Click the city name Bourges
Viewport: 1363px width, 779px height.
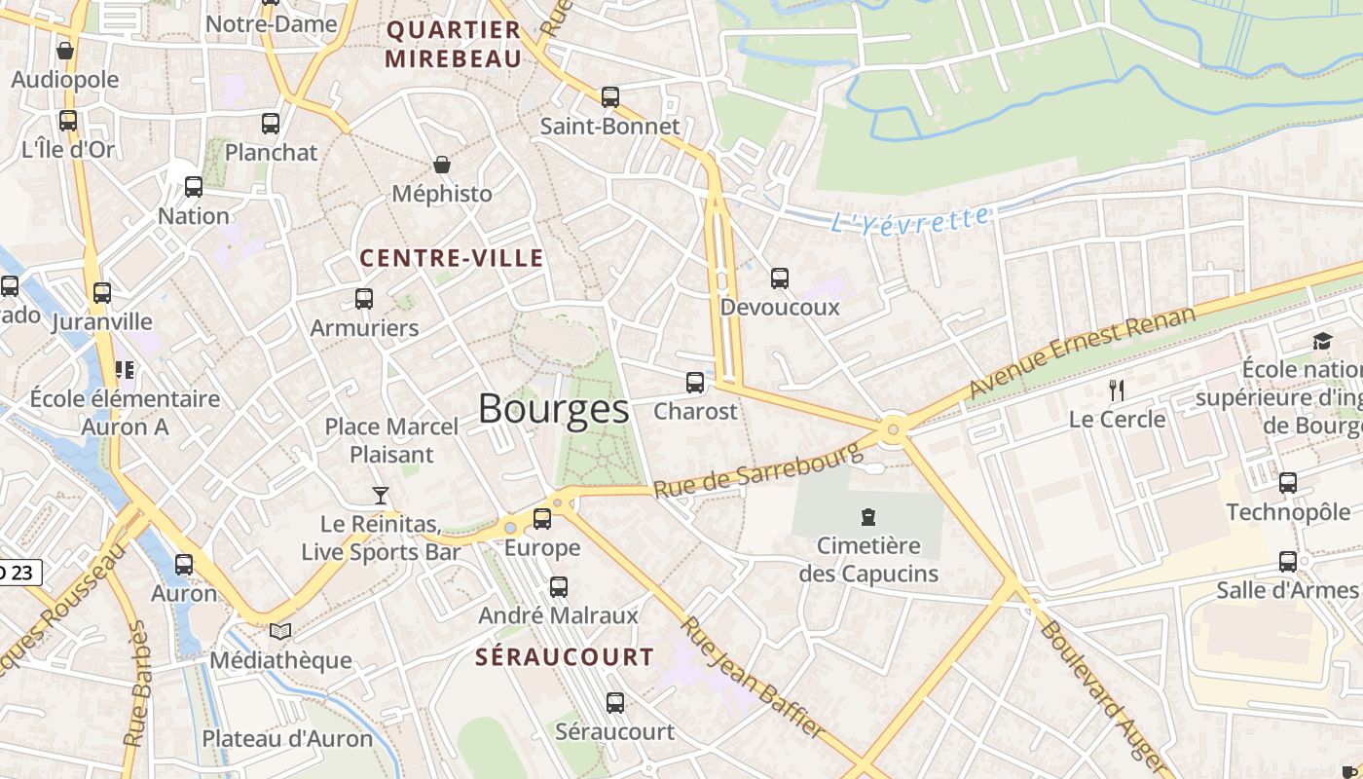pyautogui.click(x=553, y=409)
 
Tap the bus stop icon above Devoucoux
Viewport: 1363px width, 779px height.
pyautogui.click(x=780, y=278)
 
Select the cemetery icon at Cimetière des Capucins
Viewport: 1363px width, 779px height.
pyautogui.click(x=868, y=517)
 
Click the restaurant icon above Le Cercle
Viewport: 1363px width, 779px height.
pyautogui.click(x=1117, y=390)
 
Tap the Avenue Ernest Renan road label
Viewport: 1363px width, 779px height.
pyautogui.click(x=1081, y=352)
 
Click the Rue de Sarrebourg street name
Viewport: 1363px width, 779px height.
pyautogui.click(x=758, y=470)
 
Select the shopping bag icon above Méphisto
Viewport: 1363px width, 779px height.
pyautogui.click(x=442, y=165)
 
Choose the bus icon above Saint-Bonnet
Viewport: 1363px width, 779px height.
pyautogui.click(x=610, y=97)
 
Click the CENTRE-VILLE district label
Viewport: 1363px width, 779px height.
pyautogui.click(x=452, y=258)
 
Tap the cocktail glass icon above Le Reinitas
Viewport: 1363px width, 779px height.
pyautogui.click(x=381, y=496)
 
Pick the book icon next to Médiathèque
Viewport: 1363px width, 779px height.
pyautogui.click(x=280, y=632)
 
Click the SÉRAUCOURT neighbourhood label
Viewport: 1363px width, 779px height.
pyautogui.click(x=565, y=657)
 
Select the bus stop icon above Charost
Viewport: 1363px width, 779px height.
pyautogui.click(x=695, y=383)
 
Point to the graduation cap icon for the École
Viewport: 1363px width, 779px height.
pyautogui.click(x=1322, y=341)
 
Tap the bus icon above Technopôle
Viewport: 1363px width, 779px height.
pyautogui.click(x=1288, y=483)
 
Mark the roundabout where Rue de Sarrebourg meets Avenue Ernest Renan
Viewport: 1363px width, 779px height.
pyautogui.click(x=893, y=428)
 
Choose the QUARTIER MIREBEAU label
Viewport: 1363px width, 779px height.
pyautogui.click(x=454, y=44)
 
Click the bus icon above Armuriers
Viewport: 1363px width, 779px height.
pyautogui.click(x=364, y=299)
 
